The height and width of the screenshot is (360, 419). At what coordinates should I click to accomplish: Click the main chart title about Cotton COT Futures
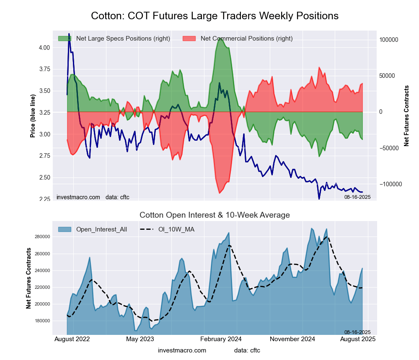[215, 16]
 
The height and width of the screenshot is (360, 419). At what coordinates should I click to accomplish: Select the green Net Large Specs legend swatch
[65, 39]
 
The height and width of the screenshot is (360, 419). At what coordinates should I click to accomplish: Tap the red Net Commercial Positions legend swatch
[189, 39]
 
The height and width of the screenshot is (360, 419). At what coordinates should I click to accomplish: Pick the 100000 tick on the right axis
[388, 40]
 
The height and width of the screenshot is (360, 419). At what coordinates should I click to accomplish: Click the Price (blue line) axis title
[33, 116]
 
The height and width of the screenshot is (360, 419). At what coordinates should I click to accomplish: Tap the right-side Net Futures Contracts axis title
[406, 116]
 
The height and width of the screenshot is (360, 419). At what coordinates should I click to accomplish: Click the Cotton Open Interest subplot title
[215, 215]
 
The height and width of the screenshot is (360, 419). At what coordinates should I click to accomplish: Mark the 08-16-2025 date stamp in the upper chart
[357, 197]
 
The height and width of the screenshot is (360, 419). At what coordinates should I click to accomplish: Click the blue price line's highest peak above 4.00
[69, 34]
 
